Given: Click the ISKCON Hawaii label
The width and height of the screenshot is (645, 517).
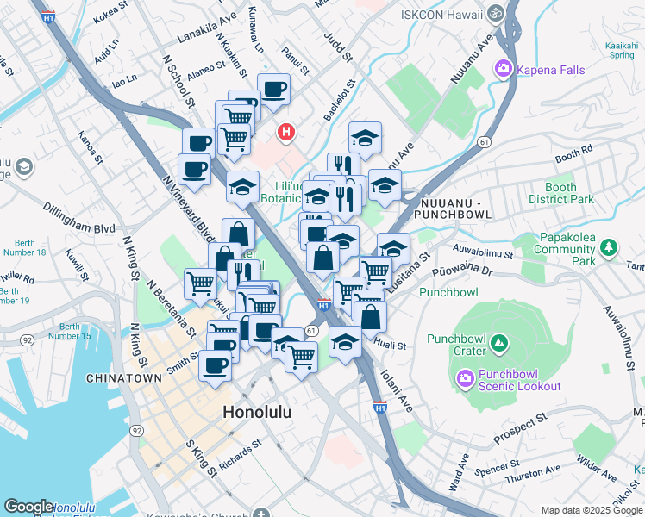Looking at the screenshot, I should [x=440, y=14].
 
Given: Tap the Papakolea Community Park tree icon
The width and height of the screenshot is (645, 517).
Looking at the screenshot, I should [x=610, y=248].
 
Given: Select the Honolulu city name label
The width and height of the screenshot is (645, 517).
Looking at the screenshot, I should [x=257, y=413].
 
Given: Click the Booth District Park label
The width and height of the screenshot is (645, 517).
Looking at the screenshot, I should [x=571, y=193].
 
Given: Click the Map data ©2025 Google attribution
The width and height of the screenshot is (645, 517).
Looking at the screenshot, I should [x=592, y=510].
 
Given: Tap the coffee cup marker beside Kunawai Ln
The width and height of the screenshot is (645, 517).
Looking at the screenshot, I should [x=273, y=90].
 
